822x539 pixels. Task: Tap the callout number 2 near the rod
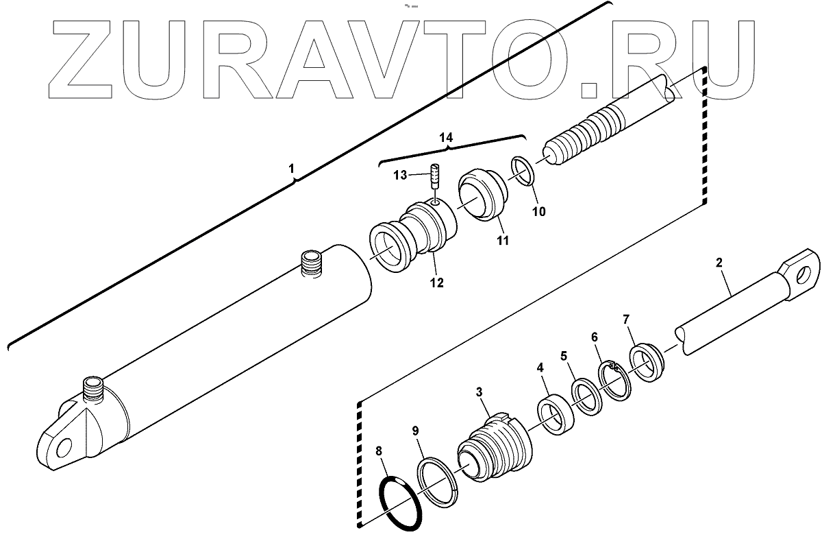tap(719, 263)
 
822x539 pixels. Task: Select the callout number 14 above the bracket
tap(446, 138)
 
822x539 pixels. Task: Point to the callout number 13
tap(400, 176)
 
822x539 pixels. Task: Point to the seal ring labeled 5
tap(586, 398)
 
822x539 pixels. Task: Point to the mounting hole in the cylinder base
tap(64, 447)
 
